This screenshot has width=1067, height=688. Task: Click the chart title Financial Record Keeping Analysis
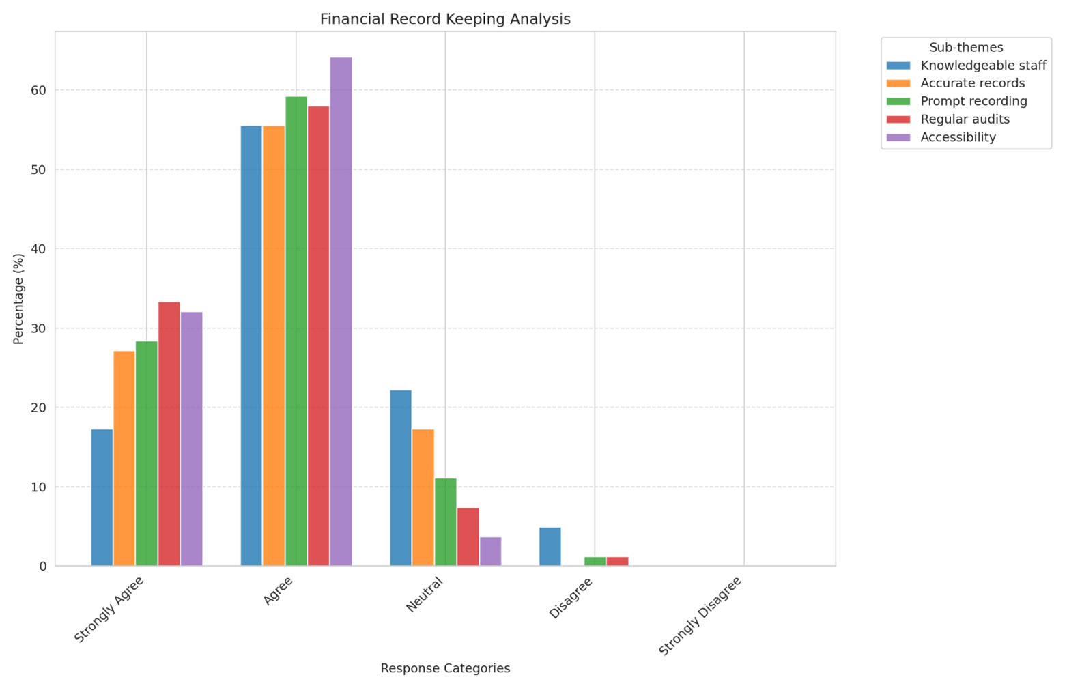pyautogui.click(x=445, y=19)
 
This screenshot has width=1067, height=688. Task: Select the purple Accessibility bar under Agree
pyautogui.click(x=341, y=311)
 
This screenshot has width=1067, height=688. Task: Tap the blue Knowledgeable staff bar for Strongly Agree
pyautogui.click(x=102, y=498)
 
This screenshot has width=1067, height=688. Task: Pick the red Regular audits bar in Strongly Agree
pyautogui.click(x=169, y=433)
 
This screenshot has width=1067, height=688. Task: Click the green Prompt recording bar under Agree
pyautogui.click(x=296, y=331)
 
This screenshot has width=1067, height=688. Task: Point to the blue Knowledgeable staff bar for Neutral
pyautogui.click(x=401, y=478)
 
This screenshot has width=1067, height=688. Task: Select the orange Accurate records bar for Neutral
pyautogui.click(x=423, y=498)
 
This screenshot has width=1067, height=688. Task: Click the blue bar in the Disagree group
pyautogui.click(x=550, y=547)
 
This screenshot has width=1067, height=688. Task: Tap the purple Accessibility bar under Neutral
pyautogui.click(x=490, y=551)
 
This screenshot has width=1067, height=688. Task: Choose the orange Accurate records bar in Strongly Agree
pyautogui.click(x=124, y=458)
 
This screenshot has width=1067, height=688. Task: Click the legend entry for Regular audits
pyautogui.click(x=965, y=119)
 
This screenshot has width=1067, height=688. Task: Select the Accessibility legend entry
pyautogui.click(x=958, y=137)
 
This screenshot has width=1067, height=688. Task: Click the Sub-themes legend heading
pyautogui.click(x=966, y=48)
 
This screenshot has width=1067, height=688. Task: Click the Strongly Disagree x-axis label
pyautogui.click(x=700, y=616)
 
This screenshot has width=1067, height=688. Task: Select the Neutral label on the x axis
pyautogui.click(x=425, y=594)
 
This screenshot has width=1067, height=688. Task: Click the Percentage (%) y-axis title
pyautogui.click(x=18, y=299)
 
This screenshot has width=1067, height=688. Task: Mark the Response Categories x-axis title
pyautogui.click(x=445, y=668)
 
